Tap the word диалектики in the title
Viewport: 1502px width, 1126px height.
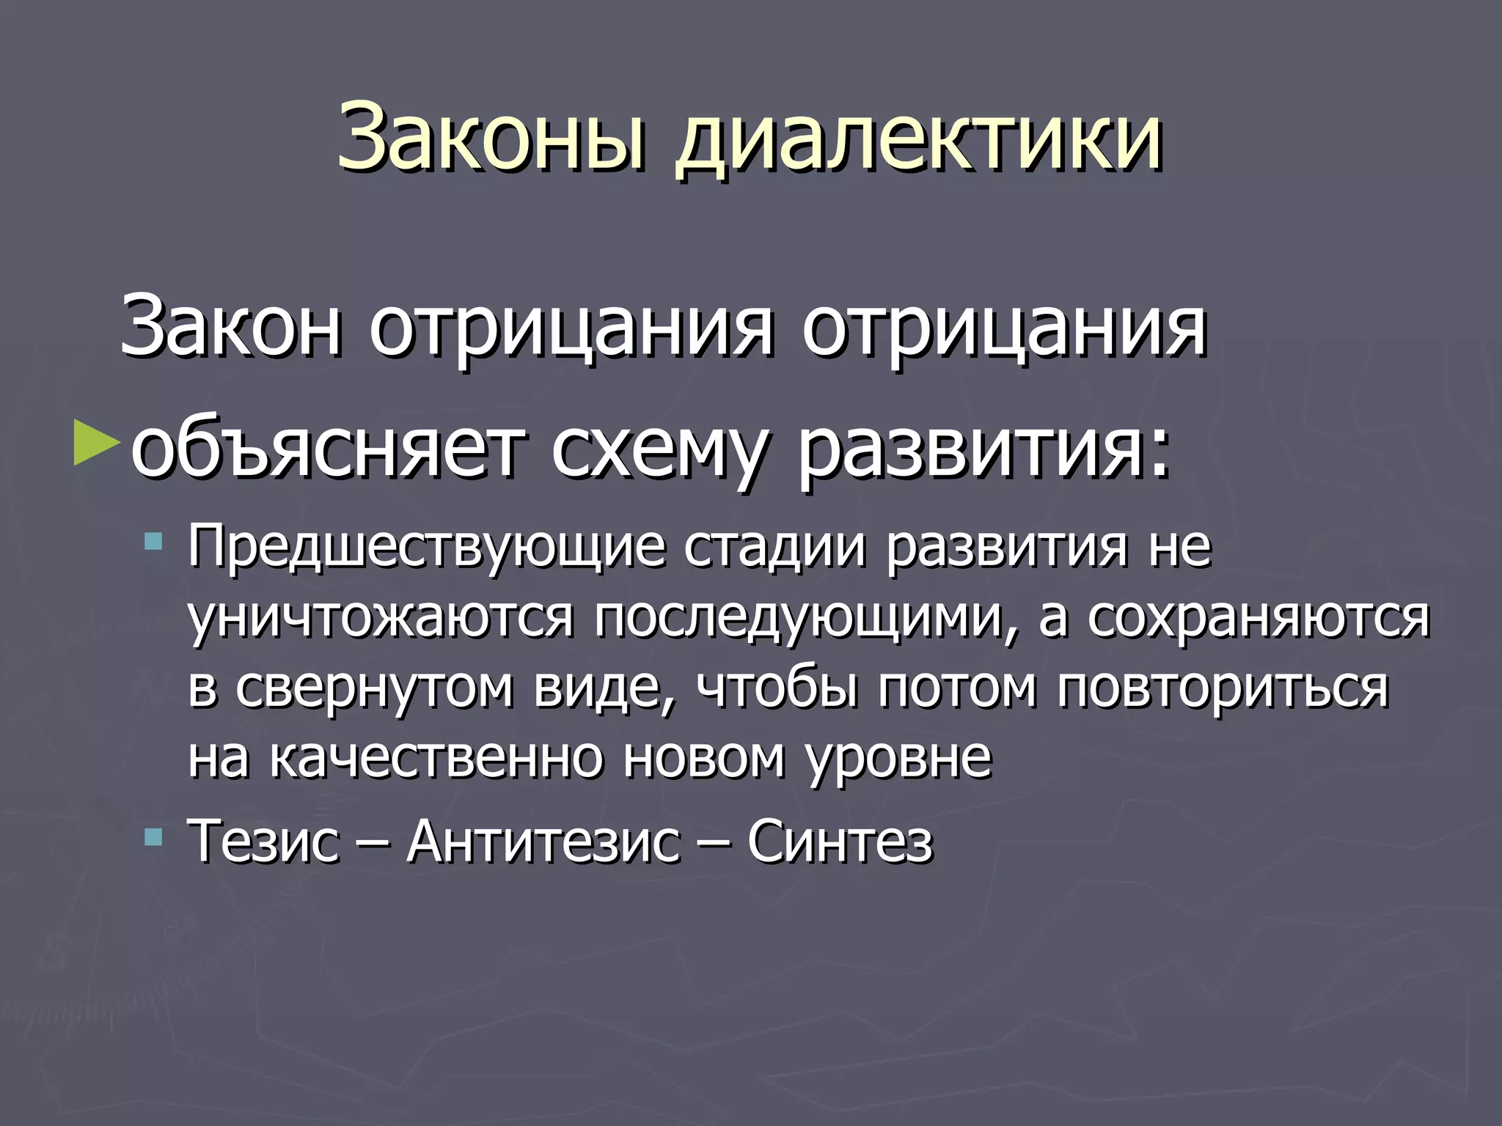[918, 139]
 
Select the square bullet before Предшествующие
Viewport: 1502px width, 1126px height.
[153, 543]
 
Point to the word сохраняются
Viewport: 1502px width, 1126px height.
[1259, 617]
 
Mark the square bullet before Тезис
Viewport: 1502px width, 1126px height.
[153, 836]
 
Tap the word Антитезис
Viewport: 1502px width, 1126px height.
[543, 841]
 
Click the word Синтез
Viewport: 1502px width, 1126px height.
[840, 841]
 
